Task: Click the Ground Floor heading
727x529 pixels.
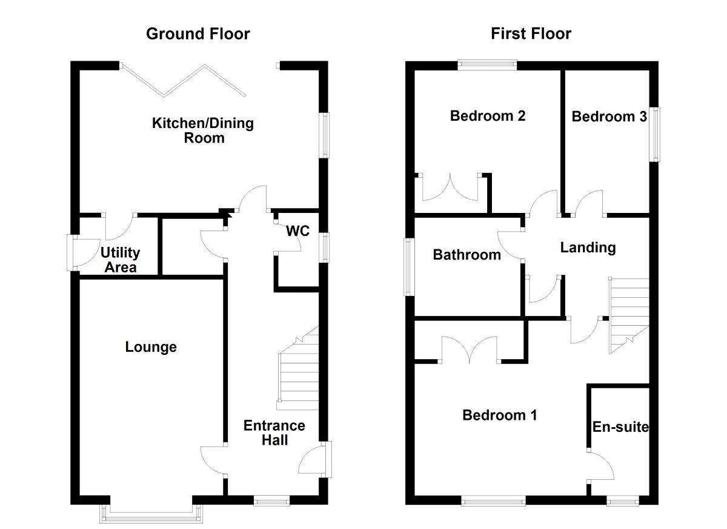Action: (x=198, y=34)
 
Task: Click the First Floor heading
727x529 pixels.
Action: (x=531, y=34)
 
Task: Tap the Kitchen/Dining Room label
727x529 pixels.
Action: (x=202, y=131)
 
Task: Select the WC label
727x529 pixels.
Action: (x=298, y=231)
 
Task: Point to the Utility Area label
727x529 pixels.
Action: (x=121, y=260)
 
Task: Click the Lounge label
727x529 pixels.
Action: (x=151, y=347)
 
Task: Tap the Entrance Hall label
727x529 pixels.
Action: (x=274, y=433)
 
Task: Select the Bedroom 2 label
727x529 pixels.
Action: (x=487, y=116)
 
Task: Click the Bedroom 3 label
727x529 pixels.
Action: (x=609, y=116)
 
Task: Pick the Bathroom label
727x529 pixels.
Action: (x=466, y=255)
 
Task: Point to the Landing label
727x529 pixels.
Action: (x=588, y=248)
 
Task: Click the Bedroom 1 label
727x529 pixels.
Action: (x=499, y=416)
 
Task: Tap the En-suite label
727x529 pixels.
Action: (x=620, y=428)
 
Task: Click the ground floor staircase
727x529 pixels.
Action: (x=299, y=370)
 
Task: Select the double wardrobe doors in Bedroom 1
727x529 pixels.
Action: (x=470, y=350)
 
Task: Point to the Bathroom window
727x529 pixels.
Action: (x=409, y=267)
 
